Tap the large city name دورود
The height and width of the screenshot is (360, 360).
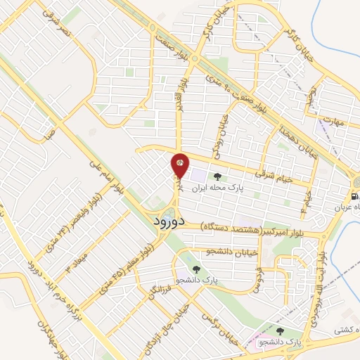(167, 220)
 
